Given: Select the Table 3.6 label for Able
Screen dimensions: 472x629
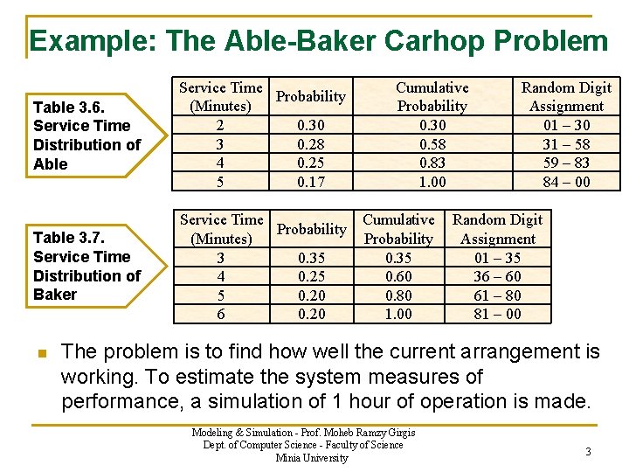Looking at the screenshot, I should click(x=86, y=135).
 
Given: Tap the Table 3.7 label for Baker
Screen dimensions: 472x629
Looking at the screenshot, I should click(x=86, y=266).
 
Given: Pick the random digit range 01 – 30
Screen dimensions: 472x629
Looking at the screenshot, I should click(x=566, y=125).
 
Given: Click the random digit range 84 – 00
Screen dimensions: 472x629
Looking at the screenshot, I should click(x=566, y=182).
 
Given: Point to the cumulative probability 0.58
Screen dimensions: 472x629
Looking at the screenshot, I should click(x=432, y=143).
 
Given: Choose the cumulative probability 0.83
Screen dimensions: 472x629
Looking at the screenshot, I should click(x=432, y=163).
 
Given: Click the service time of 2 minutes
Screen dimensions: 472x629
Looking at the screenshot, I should click(x=220, y=125).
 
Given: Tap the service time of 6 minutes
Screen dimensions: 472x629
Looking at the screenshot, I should click(x=220, y=314).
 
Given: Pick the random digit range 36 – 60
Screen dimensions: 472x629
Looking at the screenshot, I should click(x=497, y=276).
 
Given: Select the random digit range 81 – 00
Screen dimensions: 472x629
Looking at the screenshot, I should click(x=497, y=314).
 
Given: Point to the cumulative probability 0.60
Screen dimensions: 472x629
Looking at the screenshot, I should click(x=398, y=276).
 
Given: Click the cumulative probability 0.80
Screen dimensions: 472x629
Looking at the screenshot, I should click(x=398, y=295).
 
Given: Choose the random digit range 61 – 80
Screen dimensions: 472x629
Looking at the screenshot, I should click(x=497, y=295).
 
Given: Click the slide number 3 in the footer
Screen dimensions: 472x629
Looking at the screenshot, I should click(x=588, y=452).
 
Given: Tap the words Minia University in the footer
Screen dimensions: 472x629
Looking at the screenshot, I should click(x=311, y=458).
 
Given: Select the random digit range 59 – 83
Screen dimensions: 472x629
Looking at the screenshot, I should click(x=566, y=163).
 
